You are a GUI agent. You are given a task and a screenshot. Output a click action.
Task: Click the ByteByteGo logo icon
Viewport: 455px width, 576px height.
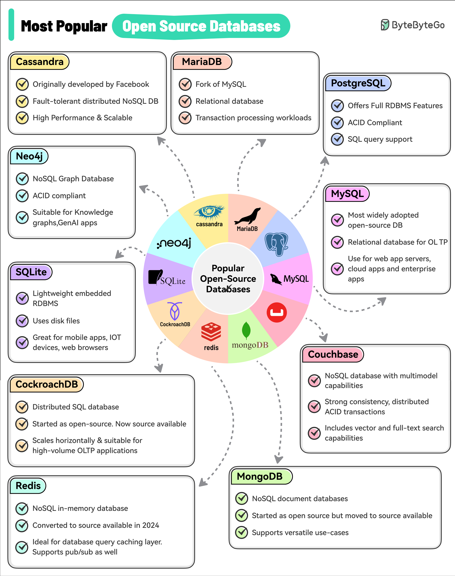(x=385, y=25)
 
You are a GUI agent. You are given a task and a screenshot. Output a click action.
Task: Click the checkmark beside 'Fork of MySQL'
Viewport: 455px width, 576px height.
(x=185, y=84)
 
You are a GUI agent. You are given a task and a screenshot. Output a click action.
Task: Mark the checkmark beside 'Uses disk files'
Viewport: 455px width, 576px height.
(x=22, y=321)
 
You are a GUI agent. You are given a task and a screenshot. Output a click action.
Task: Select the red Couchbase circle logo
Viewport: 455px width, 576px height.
(x=277, y=313)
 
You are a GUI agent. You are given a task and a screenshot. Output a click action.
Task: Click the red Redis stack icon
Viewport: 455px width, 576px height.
(x=211, y=332)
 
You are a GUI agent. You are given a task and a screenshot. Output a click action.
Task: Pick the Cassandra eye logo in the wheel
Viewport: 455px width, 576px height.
(x=209, y=212)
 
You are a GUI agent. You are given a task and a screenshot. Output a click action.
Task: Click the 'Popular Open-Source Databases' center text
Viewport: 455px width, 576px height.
(x=228, y=279)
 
